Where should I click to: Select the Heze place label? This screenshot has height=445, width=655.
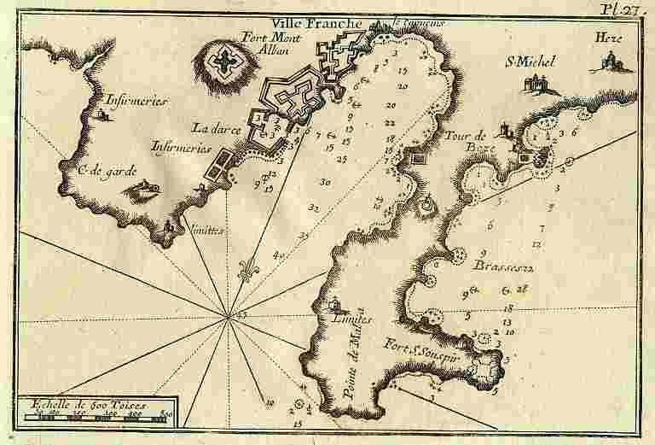pyautogui.click(x=606, y=38)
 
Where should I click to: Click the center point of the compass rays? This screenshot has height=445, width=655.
pyautogui.click(x=228, y=319)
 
